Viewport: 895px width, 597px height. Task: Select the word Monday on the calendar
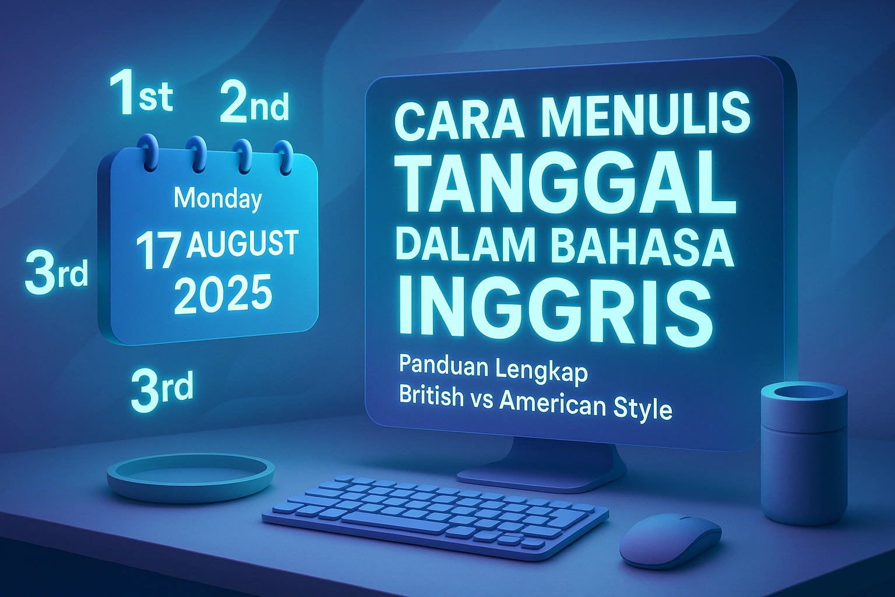(x=218, y=199)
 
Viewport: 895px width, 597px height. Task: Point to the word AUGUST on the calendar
(x=242, y=244)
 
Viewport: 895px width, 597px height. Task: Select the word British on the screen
(x=431, y=396)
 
